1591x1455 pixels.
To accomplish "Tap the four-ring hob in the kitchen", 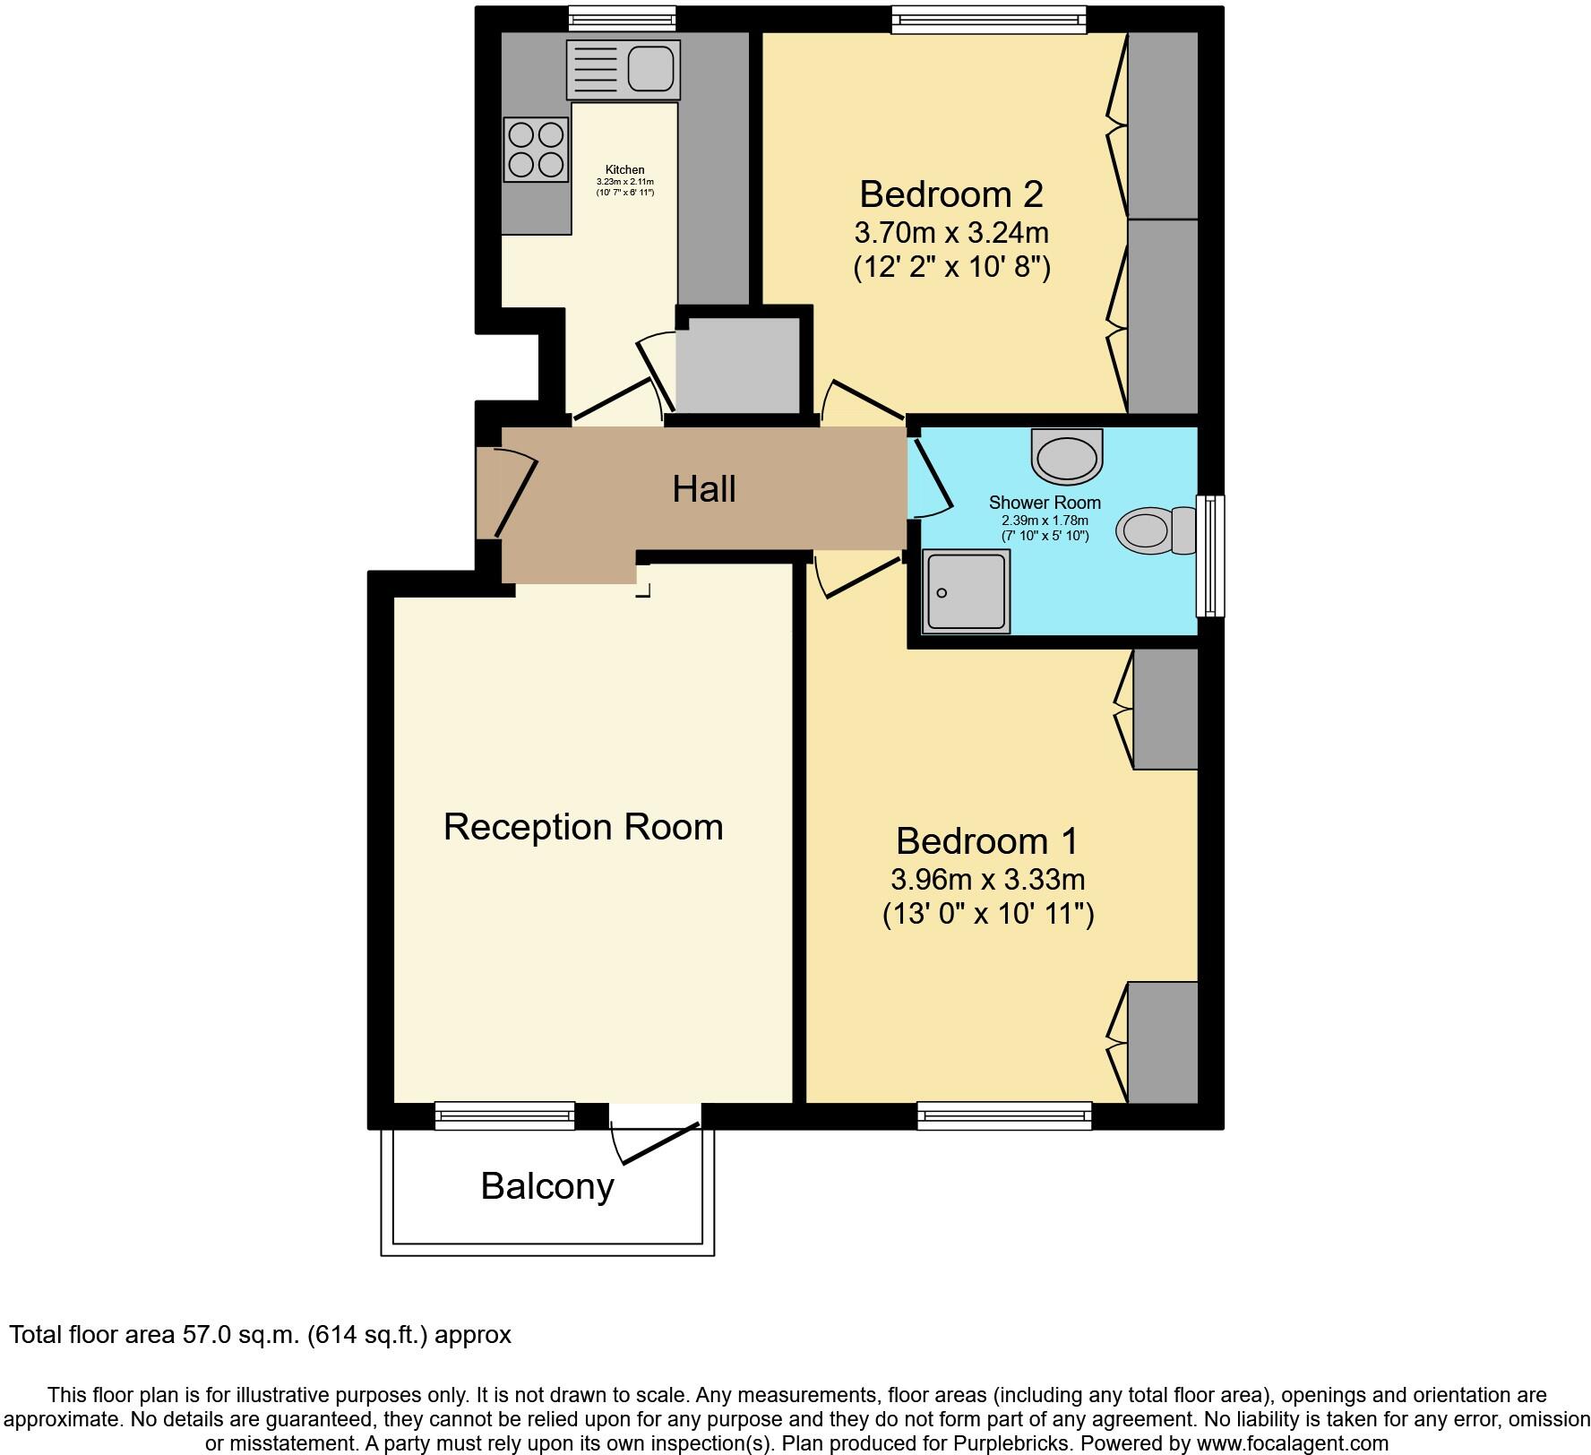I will [536, 150].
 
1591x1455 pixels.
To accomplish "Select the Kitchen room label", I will [624, 169].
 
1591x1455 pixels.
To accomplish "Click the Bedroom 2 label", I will [950, 194].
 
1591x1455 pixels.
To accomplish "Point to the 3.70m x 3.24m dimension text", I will [950, 233].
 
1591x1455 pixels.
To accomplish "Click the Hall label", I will [704, 489].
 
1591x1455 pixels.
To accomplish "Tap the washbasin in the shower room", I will [1066, 457].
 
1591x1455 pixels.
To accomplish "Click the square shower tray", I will [967, 592].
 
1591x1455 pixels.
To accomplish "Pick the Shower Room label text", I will [1045, 503].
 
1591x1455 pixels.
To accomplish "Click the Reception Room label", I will [583, 826].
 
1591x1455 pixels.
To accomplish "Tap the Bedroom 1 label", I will [986, 840].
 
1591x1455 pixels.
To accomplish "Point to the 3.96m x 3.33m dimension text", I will [987, 879].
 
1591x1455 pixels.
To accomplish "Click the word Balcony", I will [547, 1185].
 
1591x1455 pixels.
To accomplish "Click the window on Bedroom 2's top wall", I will [988, 20].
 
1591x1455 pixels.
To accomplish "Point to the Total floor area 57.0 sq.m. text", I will [260, 1335].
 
